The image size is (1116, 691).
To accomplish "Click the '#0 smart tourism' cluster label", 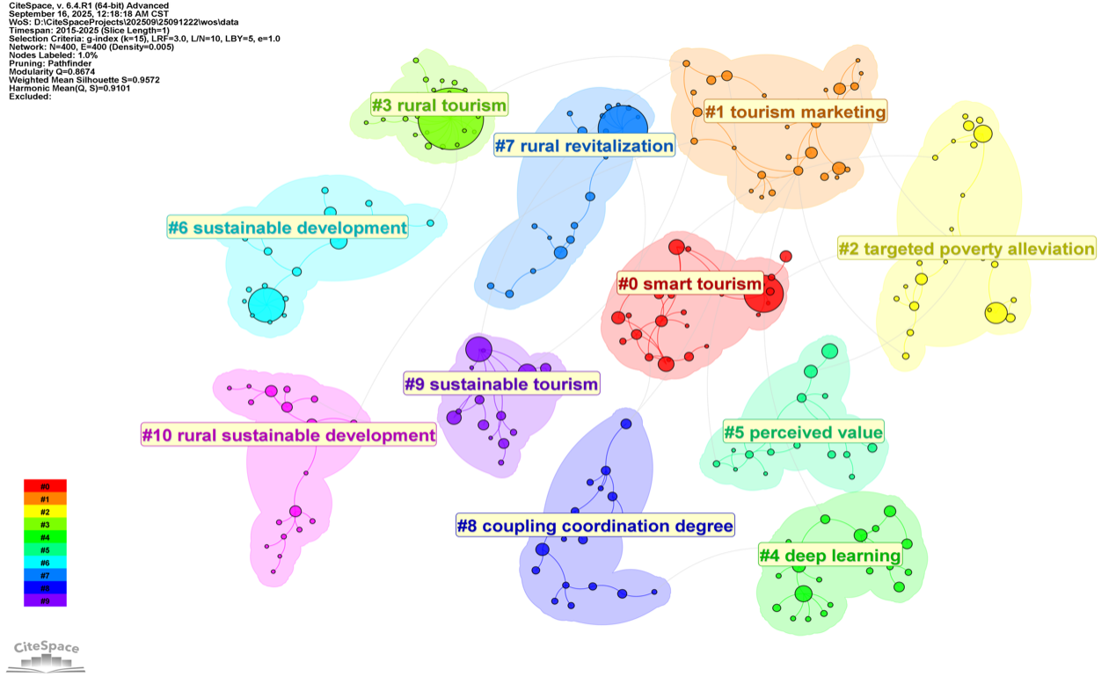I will point(689,284).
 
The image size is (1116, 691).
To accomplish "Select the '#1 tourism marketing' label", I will point(795,112).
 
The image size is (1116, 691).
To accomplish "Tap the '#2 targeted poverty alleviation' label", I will point(966,249).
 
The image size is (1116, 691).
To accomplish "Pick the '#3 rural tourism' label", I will point(439,105).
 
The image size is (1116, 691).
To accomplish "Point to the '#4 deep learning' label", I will point(830,556).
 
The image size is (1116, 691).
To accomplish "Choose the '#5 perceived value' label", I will point(803,432).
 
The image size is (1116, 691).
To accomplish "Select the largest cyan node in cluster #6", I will point(266,305).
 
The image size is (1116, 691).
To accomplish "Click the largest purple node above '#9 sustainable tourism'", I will point(478,348).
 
